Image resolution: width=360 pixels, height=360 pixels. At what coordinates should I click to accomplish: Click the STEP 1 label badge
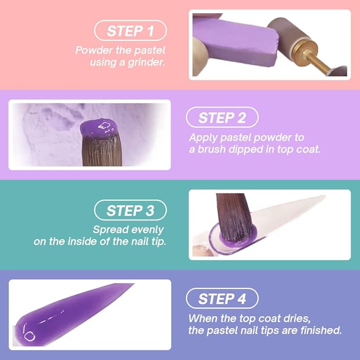(130, 31)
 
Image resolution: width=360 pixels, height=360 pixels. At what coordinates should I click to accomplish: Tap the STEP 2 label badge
(222, 117)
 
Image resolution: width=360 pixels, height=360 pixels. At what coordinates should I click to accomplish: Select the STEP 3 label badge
(130, 210)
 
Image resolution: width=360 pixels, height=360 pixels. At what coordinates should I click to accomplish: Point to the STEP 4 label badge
(222, 298)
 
